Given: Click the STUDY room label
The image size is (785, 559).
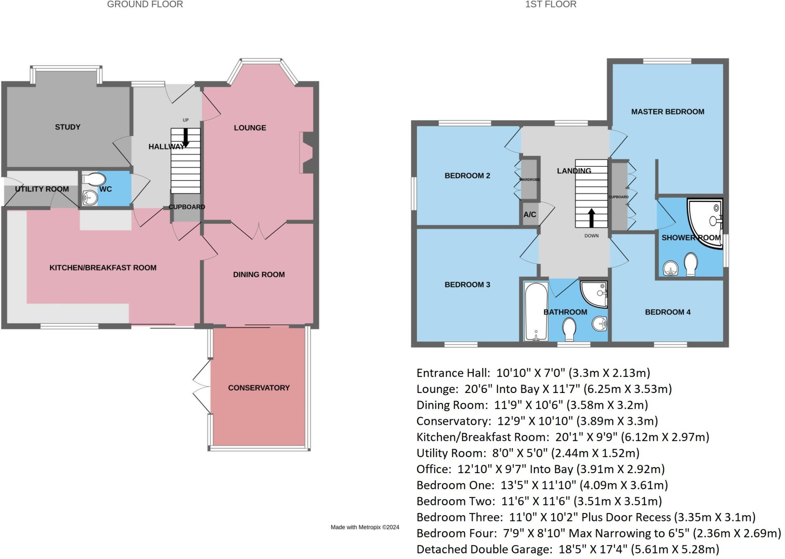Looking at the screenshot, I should coord(67,127).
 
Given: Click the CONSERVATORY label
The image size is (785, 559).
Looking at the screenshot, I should coord(259,388).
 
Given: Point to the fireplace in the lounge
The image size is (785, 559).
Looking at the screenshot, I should coord(308,153).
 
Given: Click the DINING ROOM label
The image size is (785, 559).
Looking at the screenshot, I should coord(259,275).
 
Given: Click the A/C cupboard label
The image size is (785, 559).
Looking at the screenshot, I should coord(530,215).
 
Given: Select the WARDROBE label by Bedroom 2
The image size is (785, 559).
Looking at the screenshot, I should coord(529,179).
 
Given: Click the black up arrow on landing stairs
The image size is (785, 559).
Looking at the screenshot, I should coord(591,217).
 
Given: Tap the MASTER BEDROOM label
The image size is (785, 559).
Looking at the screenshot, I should coord(667,112).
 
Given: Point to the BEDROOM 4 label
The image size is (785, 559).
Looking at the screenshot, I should coord(667,312).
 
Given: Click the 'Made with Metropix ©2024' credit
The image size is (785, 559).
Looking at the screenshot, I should coord(365,527).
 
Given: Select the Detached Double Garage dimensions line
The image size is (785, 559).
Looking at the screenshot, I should coord(568,549).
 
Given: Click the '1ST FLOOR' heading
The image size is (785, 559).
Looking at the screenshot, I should coord(550,5).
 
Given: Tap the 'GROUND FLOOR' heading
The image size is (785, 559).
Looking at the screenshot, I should coord(145,5).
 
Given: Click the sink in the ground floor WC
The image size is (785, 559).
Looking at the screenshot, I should coord(90,198).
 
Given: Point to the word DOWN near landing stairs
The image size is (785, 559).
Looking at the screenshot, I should coord(591,236).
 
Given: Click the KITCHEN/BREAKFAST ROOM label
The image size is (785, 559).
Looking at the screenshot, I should coord(103,268).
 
